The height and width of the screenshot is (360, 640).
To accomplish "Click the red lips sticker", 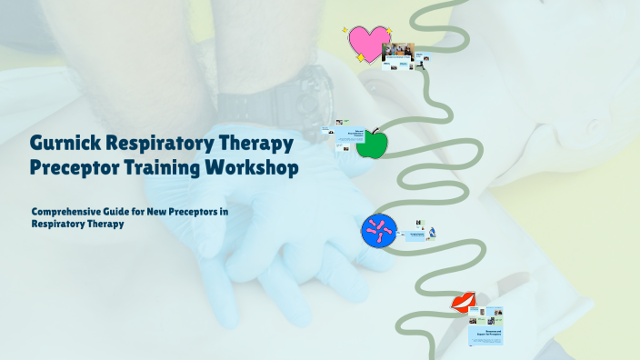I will pos(465,304).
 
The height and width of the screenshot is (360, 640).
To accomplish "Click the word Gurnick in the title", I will pos(65,144).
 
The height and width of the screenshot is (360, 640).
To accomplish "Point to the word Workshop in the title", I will pos(252,168).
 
